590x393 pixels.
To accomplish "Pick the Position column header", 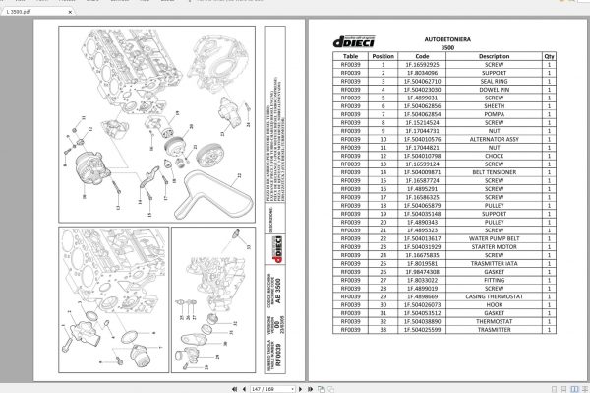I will (383, 57).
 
